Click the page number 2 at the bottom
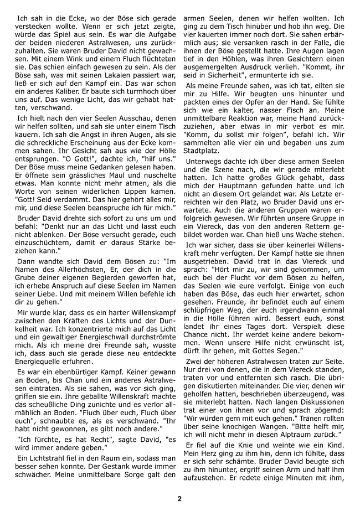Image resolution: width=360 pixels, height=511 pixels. pyautogui.click(x=179, y=499)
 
